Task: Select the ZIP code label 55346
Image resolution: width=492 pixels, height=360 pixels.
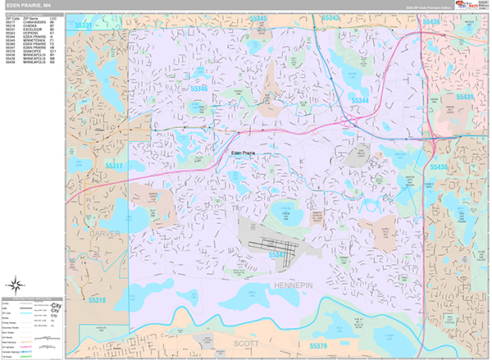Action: [x=198, y=88]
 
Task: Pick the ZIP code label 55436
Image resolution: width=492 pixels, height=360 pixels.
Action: [x=450, y=22]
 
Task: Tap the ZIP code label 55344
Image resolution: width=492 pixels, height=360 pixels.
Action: [x=362, y=99]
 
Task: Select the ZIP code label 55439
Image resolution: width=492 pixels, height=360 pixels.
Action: [x=464, y=98]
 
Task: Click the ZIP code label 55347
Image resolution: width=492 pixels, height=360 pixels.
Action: [x=280, y=255]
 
